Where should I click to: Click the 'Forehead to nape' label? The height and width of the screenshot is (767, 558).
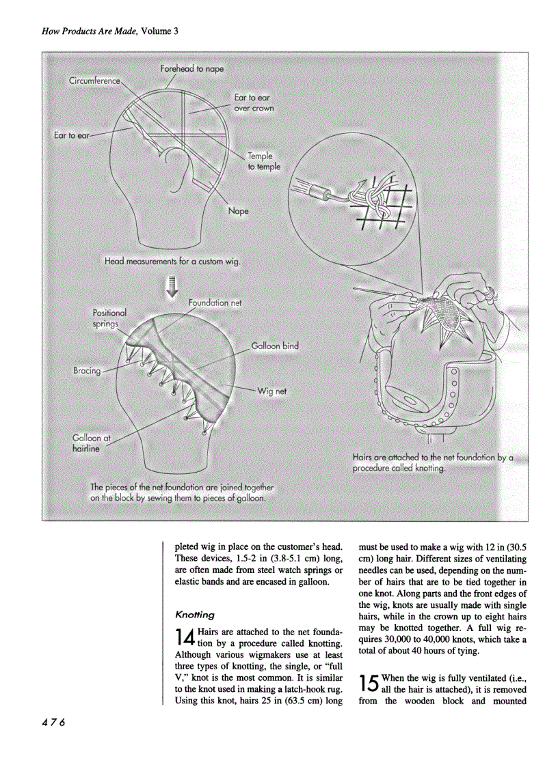191,69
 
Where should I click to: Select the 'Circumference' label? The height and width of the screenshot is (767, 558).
94,82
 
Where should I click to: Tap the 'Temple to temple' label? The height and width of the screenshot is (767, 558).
263,161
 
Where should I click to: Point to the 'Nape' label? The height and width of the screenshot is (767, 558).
238,211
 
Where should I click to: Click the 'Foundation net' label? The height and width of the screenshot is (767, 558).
215,302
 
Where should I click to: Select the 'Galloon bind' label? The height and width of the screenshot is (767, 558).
275,346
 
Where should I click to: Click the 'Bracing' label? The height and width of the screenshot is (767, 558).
87,371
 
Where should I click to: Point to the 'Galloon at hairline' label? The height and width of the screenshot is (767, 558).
88,443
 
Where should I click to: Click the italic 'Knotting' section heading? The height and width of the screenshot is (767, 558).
196,614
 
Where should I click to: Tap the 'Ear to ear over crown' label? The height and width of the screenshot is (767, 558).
254,103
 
